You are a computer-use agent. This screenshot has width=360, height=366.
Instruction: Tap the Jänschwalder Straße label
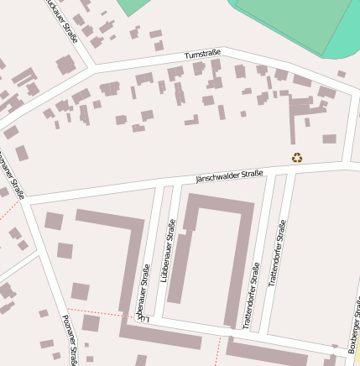229,175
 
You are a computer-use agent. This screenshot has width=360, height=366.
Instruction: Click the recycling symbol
297,157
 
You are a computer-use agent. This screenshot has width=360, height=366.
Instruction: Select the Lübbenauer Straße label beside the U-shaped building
171,249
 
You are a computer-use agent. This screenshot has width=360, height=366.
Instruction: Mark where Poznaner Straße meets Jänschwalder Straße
24,202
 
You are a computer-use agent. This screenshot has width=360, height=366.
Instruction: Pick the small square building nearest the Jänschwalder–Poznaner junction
54,221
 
